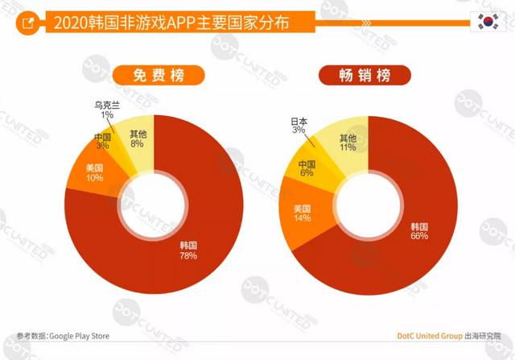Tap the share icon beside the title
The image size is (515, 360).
point(29,23)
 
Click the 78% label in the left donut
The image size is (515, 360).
point(187,255)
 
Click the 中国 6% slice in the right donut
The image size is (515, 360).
point(307,167)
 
